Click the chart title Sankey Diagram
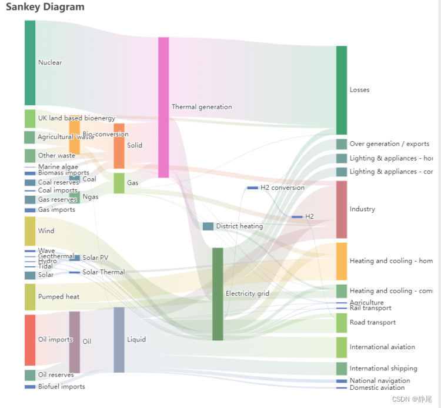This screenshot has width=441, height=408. pos(45,7)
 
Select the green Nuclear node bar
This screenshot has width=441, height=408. pos(30,62)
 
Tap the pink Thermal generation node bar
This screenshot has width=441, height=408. pos(163,107)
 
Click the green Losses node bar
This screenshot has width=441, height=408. pos(342,90)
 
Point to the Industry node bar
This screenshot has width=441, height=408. pos(342,209)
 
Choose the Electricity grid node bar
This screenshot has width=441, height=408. pos(218,294)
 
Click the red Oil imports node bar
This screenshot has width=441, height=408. pos(30,340)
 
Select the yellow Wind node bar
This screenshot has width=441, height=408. pos(30,231)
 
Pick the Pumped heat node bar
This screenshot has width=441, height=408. pos(30,297)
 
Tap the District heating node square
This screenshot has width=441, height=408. pos(208,226)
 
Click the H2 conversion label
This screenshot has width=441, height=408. pos(283,188)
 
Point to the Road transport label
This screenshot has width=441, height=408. pos(373,323)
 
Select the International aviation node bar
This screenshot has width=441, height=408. pos(342,347)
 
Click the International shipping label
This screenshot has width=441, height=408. pos(383,369)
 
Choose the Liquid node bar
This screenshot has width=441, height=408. pos(119,340)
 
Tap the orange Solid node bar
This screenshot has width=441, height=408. pos(119,146)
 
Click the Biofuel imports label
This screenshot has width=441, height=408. pos(62,387)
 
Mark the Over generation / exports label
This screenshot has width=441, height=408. pos(389,144)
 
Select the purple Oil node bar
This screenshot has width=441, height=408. pos(75,342)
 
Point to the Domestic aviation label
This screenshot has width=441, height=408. pos(377,388)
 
